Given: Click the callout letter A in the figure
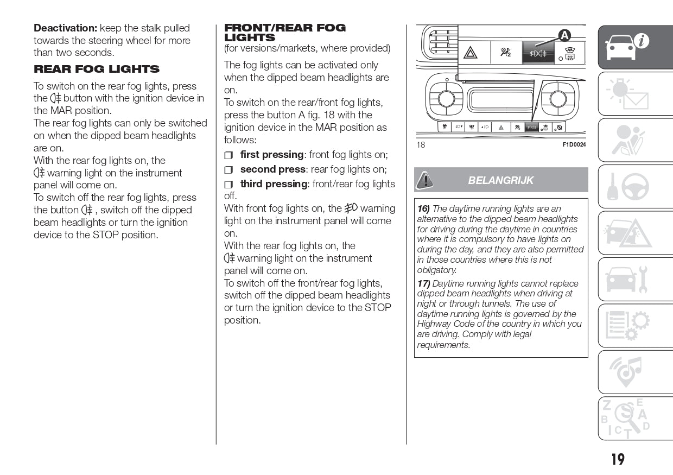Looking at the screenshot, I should tap(564, 36).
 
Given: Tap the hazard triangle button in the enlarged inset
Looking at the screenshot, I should tap(470, 53).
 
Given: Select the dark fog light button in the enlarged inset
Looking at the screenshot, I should tap(538, 53).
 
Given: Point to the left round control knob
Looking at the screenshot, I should tap(446, 99).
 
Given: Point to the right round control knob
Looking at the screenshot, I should tap(558, 99).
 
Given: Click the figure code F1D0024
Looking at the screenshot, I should tap(574, 145).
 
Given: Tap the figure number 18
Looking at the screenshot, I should tap(421, 145).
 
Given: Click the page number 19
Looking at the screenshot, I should tap(618, 460).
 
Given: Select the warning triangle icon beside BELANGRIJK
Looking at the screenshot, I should tap(426, 180).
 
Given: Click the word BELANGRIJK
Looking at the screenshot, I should tap(501, 180).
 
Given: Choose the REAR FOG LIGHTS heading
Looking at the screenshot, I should tap(97, 69).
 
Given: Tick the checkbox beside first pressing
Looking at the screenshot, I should tap(228, 155).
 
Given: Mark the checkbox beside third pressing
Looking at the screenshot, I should tap(228, 185).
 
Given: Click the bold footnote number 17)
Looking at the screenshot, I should tap(423, 283).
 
